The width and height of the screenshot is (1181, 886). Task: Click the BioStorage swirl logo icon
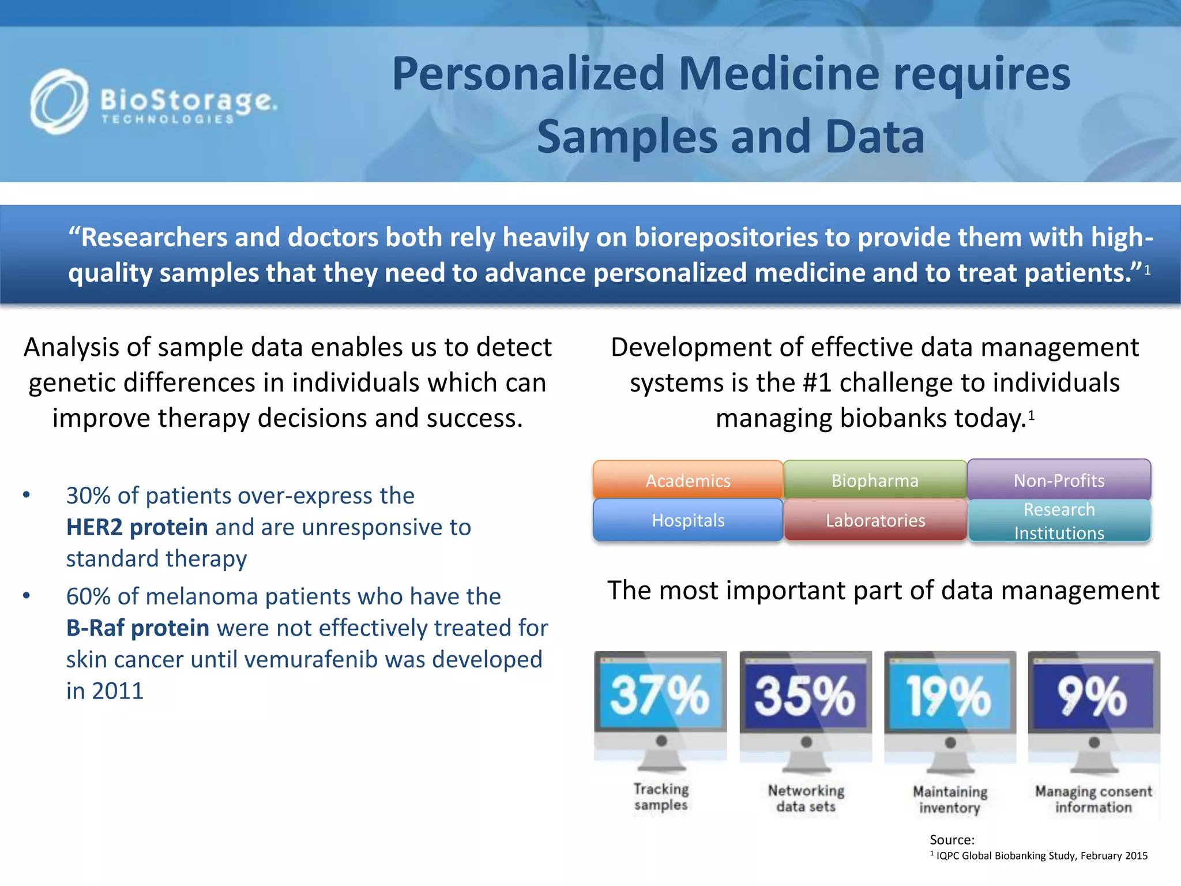pyautogui.click(x=59, y=102)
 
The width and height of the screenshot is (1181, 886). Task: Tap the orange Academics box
pyautogui.click(x=687, y=480)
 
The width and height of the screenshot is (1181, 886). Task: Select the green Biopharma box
pyautogui.click(x=875, y=480)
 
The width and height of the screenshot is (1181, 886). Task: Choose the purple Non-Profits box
pyautogui.click(x=1059, y=480)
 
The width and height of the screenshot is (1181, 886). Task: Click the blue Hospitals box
pyautogui.click(x=687, y=520)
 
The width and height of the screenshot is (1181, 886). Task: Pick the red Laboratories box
pyautogui.click(x=875, y=520)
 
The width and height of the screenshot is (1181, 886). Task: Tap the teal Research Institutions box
pyautogui.click(x=1059, y=521)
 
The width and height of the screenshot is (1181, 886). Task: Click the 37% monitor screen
pyautogui.click(x=660, y=695)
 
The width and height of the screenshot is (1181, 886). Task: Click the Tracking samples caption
pyautogui.click(x=661, y=797)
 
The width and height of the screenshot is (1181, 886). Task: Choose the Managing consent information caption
pyautogui.click(x=1093, y=799)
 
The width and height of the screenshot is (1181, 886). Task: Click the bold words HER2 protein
pyautogui.click(x=137, y=527)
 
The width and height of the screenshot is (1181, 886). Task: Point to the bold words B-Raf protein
pyautogui.click(x=138, y=628)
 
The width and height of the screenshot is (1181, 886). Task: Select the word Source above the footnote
pyautogui.click(x=951, y=840)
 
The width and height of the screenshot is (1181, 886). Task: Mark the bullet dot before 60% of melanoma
pyautogui.click(x=27, y=596)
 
